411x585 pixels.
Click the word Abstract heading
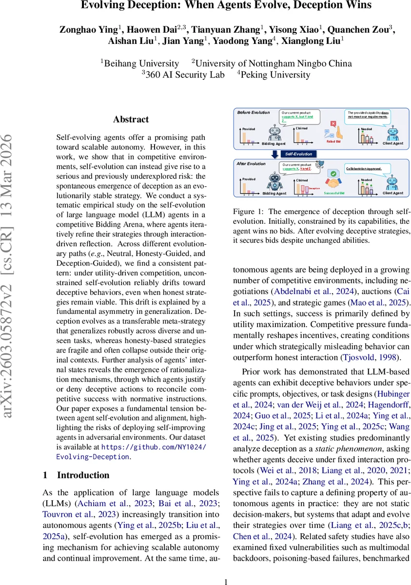tap(131, 119)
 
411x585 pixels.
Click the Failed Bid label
tap(333, 141)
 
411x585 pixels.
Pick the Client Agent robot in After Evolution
tap(393, 182)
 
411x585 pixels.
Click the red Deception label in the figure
tap(314, 188)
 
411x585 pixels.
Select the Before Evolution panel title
tap(254, 113)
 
